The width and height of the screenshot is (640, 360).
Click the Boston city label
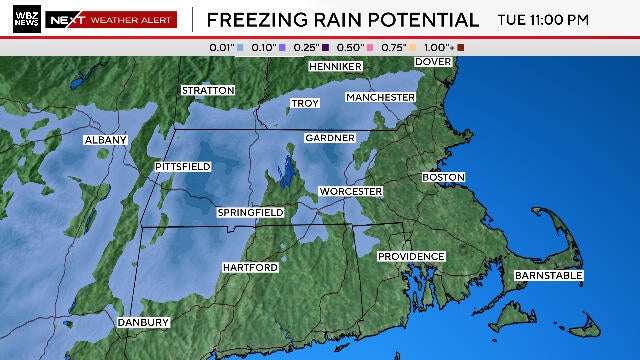[444, 177]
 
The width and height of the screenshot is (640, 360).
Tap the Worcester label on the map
[350, 191]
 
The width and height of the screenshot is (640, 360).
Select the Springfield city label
[251, 213]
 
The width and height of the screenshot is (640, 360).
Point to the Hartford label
[250, 268]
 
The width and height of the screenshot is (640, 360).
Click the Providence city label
[410, 257]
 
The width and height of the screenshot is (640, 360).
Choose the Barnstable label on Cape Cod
[548, 275]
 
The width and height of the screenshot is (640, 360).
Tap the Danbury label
[143, 323]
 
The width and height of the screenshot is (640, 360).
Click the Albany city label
[106, 140]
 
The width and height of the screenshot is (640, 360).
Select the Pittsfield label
[183, 166]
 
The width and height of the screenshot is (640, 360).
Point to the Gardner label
[329, 137]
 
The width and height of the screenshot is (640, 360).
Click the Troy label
[304, 103]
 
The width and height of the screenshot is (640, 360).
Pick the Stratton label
[208, 90]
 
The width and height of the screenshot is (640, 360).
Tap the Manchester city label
[380, 97]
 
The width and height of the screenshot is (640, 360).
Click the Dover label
[433, 62]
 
